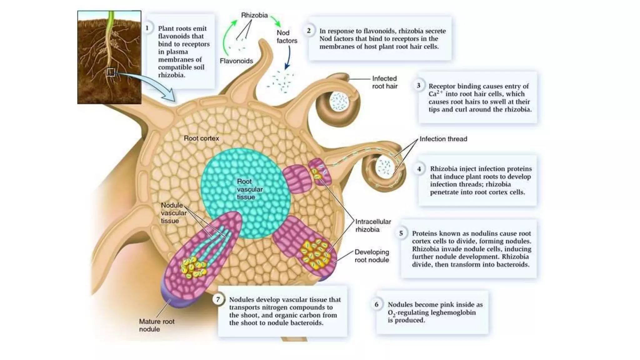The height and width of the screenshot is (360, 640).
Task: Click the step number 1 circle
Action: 147,28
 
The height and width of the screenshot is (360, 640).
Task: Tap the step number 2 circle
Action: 309,31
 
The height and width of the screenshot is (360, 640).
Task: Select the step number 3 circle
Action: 418,86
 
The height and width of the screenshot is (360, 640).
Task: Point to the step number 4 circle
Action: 419,169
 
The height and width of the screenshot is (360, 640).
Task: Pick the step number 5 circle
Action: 401,233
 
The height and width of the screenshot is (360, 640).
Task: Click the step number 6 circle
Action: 377,304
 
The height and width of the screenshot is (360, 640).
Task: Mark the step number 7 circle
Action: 218,299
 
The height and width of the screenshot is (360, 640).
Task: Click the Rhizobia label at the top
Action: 254,15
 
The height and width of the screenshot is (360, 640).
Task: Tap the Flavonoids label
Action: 236,61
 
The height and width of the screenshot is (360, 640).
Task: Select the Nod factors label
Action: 287,37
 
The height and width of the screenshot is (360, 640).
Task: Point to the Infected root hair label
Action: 384,82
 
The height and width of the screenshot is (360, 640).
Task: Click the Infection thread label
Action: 443,139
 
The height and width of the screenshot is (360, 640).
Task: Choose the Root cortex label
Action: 201,138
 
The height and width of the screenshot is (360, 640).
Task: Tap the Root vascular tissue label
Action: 249,189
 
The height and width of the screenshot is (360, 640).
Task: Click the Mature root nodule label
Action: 157,325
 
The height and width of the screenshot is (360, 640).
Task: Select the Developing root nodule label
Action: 372,256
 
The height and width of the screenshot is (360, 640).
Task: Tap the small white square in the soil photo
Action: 110,72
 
